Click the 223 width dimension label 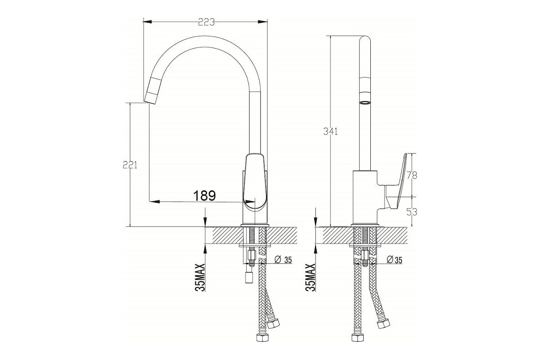[x=206, y=22]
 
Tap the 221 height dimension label [x=130, y=165]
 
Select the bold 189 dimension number [x=204, y=196]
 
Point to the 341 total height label [x=330, y=131]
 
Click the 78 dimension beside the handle [x=412, y=175]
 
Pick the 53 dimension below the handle [x=412, y=212]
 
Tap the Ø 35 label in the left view [x=283, y=260]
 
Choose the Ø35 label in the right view [x=394, y=260]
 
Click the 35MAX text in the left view [x=200, y=278]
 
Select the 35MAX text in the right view [x=311, y=278]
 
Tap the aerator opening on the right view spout [x=364, y=103]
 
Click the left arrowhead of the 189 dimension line [x=154, y=201]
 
